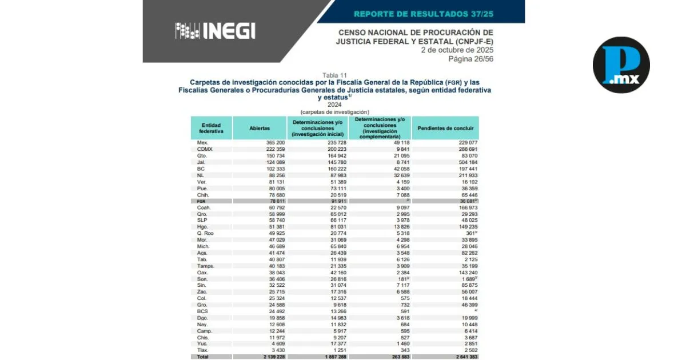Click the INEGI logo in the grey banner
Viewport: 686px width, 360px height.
[x=215, y=31]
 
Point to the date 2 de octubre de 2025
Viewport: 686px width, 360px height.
[x=457, y=50]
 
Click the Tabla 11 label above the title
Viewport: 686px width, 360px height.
[x=334, y=75]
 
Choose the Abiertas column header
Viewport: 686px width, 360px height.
[x=260, y=129]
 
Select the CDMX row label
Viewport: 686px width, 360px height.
[x=205, y=149]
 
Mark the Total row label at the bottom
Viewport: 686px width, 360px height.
[x=203, y=357]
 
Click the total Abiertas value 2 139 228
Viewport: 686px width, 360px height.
[x=270, y=357]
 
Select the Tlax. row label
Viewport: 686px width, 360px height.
[x=203, y=350]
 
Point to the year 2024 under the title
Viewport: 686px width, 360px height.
[x=334, y=105]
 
